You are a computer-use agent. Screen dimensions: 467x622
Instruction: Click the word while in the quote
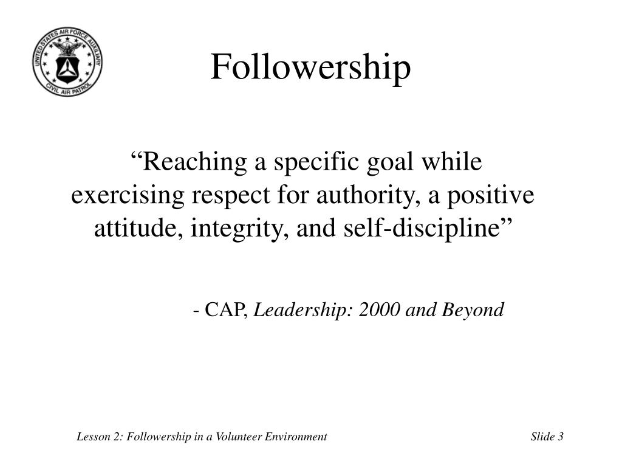(x=457, y=163)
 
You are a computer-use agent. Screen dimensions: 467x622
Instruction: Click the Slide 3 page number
(x=547, y=437)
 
